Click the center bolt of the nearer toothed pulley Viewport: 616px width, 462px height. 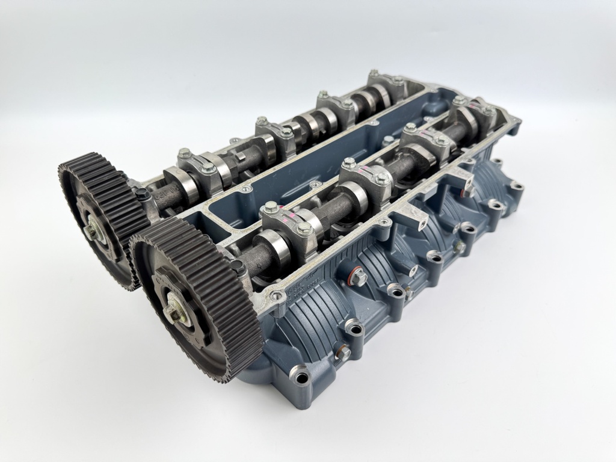pos(175,313)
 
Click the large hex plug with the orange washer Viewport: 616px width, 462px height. pos(359,277)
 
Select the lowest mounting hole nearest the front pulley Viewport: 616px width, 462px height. pos(301,378)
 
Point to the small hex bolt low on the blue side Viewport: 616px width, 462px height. pos(344,353)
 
